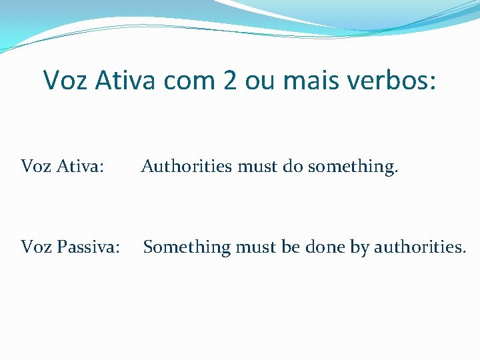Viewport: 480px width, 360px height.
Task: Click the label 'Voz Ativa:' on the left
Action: [x=63, y=165]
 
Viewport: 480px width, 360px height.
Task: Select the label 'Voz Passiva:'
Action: [x=71, y=247]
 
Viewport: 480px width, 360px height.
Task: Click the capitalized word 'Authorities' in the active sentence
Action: [x=187, y=165]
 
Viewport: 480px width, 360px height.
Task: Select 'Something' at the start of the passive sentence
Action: [x=186, y=247]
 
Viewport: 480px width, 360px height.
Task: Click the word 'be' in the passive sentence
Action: [x=291, y=247]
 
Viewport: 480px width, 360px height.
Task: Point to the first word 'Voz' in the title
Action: [x=67, y=80]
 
